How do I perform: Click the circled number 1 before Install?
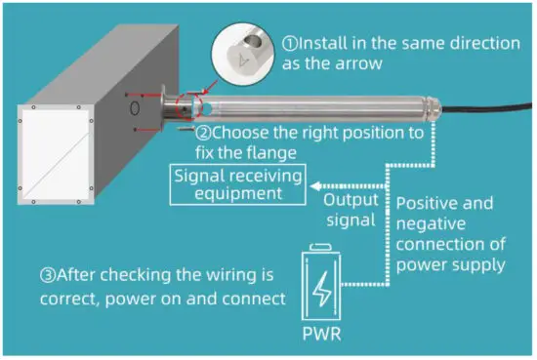point(290,44)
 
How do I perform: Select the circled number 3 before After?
point(24,271)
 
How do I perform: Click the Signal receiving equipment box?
point(235,183)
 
